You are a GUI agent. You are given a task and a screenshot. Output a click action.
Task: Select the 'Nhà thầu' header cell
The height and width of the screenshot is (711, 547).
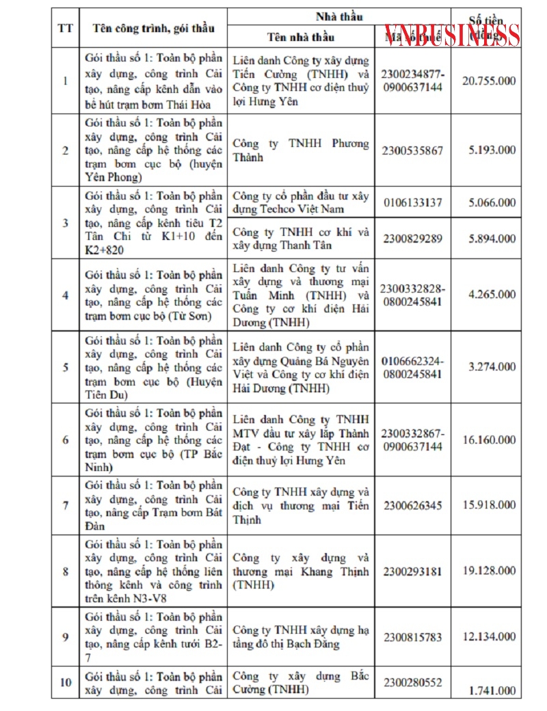coord(339,16)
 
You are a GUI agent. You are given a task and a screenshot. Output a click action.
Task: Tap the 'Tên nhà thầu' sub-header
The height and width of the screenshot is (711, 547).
coord(301,36)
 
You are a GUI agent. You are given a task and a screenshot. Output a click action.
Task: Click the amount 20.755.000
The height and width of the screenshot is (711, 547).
coord(489,81)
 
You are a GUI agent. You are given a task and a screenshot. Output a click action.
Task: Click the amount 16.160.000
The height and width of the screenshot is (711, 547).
coord(489,440)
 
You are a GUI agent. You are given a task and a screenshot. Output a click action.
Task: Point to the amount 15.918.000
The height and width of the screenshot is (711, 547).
coord(489,506)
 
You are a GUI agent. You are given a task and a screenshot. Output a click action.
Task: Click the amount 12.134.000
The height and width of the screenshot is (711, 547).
coord(489,637)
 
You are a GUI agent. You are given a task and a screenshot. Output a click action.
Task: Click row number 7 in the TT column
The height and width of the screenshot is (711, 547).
coord(66,506)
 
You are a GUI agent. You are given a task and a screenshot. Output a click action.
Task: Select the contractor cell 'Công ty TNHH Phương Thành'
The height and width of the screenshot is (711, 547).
coord(301,150)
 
